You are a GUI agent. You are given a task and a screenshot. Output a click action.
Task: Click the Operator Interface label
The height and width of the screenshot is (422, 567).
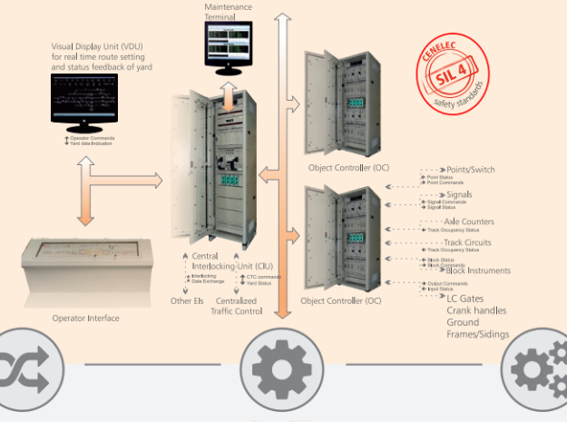coord(85,319)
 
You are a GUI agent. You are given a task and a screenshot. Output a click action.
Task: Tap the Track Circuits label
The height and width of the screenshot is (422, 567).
coord(468,243)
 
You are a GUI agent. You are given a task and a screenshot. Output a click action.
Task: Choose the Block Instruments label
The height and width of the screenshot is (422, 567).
coord(478,270)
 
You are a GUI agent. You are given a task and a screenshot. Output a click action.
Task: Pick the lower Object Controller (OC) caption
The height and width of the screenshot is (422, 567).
coord(340,300)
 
